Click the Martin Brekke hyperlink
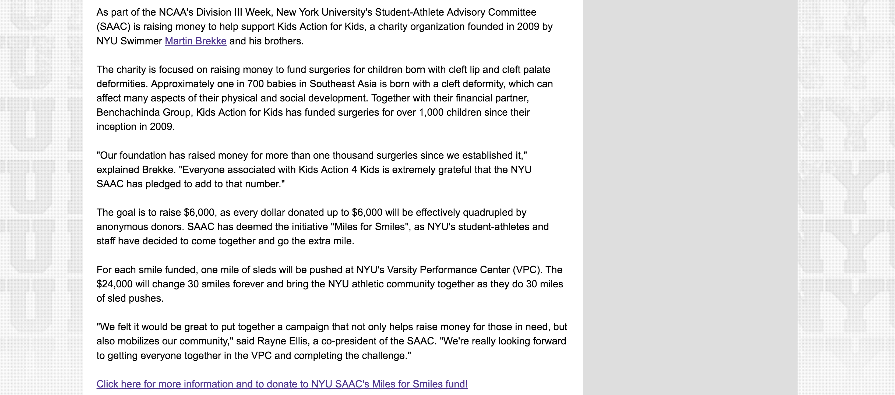196,41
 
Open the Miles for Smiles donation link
282,384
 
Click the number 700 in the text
255,84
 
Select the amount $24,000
114,284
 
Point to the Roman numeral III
238,12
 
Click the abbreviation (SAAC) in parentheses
113,27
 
